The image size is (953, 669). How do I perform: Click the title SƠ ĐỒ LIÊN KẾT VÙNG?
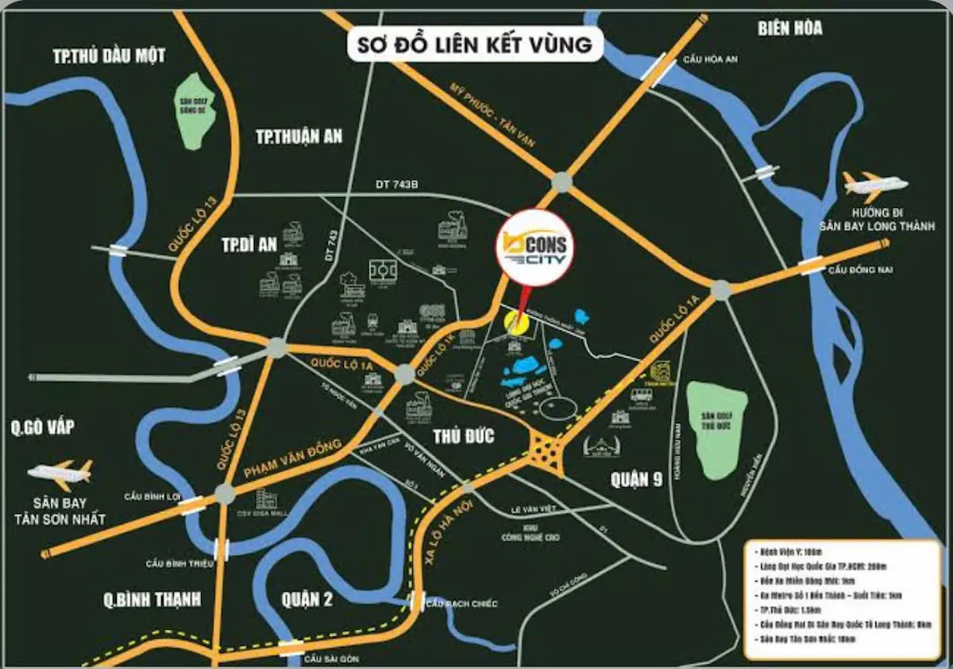point(475,45)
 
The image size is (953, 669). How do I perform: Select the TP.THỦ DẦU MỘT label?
point(110,56)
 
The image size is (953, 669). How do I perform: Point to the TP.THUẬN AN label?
point(299,136)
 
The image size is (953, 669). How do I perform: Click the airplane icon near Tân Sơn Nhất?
point(60,473)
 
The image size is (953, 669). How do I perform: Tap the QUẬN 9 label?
point(637,479)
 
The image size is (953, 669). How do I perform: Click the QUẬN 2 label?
point(307,598)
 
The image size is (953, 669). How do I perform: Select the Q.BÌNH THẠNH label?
point(152,599)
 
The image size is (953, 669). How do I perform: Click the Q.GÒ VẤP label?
point(43,428)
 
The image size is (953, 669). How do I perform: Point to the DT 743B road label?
point(395,185)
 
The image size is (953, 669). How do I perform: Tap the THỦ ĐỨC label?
point(463,436)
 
